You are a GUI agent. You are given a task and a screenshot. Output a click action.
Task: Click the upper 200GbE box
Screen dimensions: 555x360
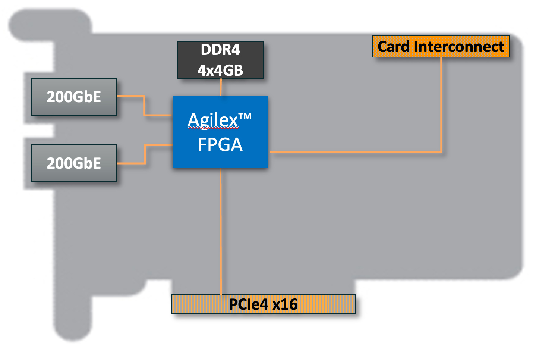74,97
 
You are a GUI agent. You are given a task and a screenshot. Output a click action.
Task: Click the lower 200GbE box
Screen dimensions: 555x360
74,163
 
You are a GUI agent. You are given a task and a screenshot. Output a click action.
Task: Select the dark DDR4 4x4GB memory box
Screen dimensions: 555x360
220,60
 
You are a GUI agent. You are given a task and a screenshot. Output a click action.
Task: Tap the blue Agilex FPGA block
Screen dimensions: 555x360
220,131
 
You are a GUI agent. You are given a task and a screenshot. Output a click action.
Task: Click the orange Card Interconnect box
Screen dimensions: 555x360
441,46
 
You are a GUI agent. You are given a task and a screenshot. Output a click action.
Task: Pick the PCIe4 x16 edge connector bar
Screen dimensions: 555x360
264,304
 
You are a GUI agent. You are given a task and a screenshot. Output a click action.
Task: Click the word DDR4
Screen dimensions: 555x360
220,50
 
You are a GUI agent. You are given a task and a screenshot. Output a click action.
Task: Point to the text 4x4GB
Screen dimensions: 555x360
220,70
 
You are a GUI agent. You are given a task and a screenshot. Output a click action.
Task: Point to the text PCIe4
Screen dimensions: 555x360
249,304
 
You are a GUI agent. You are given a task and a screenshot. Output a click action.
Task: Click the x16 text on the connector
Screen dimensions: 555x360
285,304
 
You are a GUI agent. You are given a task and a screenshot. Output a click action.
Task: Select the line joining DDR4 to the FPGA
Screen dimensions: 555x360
221,87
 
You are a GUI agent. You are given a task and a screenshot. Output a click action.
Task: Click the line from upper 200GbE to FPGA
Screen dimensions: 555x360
144,105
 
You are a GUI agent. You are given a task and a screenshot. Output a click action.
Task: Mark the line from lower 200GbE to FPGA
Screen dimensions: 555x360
145,154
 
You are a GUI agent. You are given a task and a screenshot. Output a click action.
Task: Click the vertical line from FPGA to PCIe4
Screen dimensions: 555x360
221,231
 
